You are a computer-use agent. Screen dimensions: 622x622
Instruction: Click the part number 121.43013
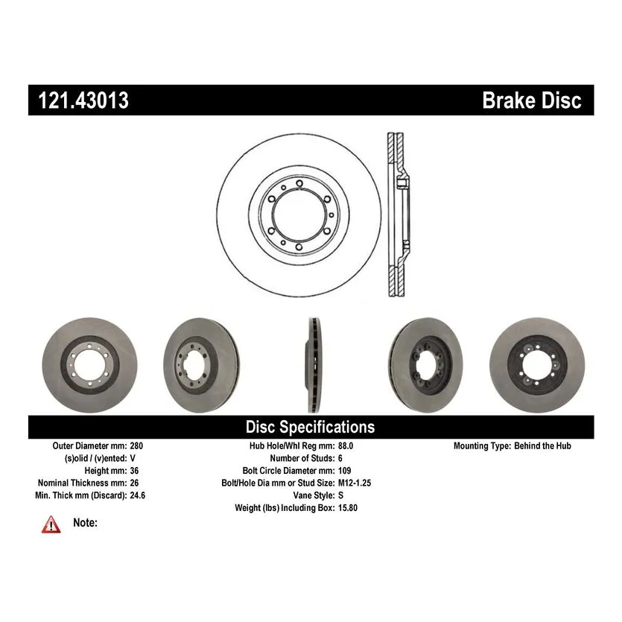83,100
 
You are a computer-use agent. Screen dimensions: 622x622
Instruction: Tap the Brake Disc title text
532,100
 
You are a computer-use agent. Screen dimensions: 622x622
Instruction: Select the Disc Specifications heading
310,428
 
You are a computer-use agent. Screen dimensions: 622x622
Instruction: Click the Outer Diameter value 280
136,446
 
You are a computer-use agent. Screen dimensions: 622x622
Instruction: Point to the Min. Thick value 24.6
138,495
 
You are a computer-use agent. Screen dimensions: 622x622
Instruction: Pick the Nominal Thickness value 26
135,483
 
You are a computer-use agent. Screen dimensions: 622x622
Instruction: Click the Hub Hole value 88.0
346,446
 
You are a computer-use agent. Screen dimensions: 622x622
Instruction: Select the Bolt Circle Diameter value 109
345,471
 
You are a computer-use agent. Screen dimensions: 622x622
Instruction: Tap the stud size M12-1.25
355,483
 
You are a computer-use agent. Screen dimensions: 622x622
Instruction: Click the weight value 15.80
348,508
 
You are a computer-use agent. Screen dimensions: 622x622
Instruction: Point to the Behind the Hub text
542,446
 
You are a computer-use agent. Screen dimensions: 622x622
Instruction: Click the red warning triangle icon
51,524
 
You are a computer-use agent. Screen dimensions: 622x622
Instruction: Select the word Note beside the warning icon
85,523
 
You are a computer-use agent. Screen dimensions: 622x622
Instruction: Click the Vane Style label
314,495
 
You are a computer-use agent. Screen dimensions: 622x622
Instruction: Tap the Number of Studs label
302,458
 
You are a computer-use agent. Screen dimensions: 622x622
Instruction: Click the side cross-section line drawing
398,215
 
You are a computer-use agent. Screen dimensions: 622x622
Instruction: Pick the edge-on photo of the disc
314,365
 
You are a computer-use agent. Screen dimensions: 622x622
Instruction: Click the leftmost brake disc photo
90,365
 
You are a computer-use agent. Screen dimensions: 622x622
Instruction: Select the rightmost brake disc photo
537,365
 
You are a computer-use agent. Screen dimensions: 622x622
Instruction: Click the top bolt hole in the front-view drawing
299,183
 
